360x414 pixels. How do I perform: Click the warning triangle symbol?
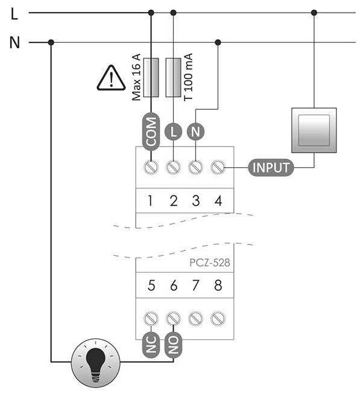pyautogui.click(x=111, y=78)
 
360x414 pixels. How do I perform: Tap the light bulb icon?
pyautogui.click(x=95, y=363)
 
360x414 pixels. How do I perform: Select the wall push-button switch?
pyautogui.click(x=314, y=130)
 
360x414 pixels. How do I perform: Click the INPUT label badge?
pyautogui.click(x=271, y=167)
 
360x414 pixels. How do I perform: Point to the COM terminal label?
pyautogui.click(x=151, y=132)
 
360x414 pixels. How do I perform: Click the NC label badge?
pyautogui.click(x=151, y=345)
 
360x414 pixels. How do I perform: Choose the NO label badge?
pyautogui.click(x=173, y=345)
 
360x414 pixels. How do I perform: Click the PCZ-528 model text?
pyautogui.click(x=210, y=263)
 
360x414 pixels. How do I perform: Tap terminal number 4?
pyautogui.click(x=218, y=200)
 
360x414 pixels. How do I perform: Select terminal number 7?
pyautogui.click(x=195, y=285)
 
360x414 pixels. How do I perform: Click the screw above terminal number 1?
pyautogui.click(x=151, y=167)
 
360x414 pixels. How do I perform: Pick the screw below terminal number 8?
pyautogui.click(x=218, y=319)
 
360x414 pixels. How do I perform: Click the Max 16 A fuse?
pyautogui.click(x=151, y=77)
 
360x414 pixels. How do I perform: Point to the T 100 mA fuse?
pyautogui.click(x=173, y=77)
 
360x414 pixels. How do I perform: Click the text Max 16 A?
pyautogui.click(x=136, y=77)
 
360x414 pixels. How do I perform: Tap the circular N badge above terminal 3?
pyautogui.click(x=195, y=132)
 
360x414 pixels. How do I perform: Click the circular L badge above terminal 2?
pyautogui.click(x=173, y=132)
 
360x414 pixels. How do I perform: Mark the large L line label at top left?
pyautogui.click(x=14, y=13)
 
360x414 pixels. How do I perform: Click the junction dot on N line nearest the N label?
pyautogui.click(x=51, y=42)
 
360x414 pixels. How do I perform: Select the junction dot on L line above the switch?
pyautogui.click(x=314, y=13)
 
